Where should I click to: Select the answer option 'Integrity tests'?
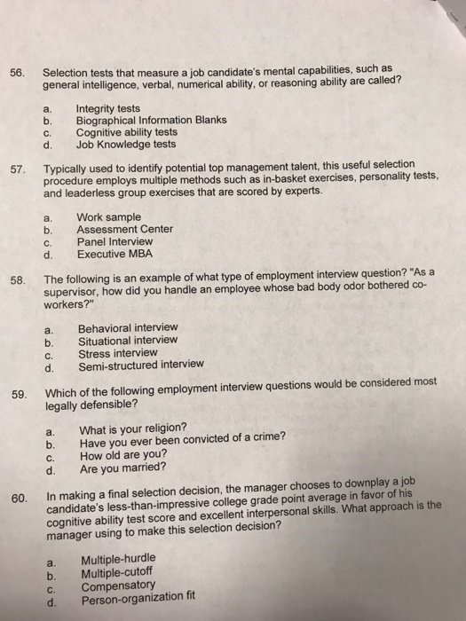tap(108, 108)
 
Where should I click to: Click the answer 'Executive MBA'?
tap(115, 253)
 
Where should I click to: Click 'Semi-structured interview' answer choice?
tap(142, 364)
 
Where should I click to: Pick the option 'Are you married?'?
tap(123, 468)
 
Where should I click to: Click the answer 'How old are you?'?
tap(122, 453)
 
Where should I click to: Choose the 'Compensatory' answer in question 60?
tap(118, 586)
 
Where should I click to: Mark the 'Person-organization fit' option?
tap(137, 601)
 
